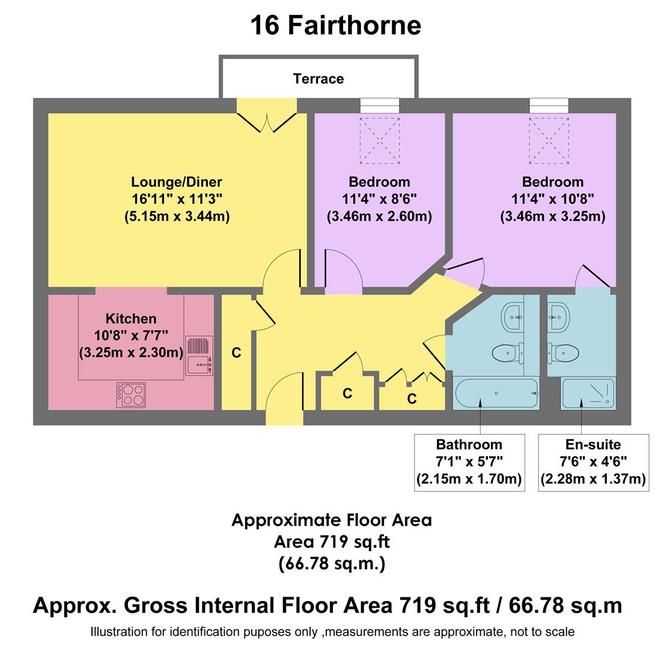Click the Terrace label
tap(318, 79)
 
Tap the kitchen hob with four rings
tap(131, 395)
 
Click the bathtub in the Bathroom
tap(495, 394)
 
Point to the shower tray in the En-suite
tap(588, 394)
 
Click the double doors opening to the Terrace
tap(266, 117)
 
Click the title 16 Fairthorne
tap(335, 25)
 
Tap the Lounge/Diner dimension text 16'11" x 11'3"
tap(177, 199)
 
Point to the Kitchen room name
tap(131, 318)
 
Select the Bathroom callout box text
tap(469, 462)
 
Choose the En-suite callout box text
tap(593, 462)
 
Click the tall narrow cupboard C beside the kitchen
tap(236, 353)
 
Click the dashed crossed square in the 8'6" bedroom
tap(380, 141)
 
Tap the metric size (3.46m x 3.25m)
tap(552, 216)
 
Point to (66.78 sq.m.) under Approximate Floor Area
tap(332, 564)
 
